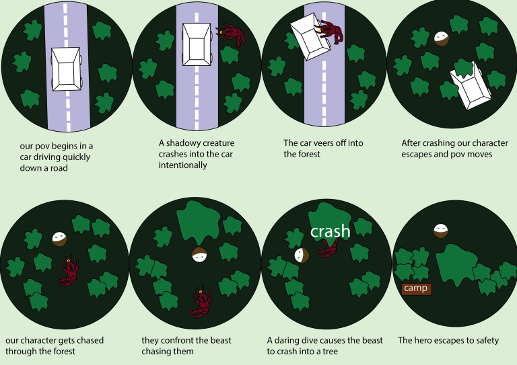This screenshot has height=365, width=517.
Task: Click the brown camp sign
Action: click(x=417, y=288)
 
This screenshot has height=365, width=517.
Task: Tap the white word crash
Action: click(x=330, y=231)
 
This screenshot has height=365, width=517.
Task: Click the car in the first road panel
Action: click(x=66, y=69)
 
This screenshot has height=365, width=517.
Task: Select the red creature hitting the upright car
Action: click(x=231, y=34)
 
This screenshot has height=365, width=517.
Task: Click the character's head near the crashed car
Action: click(x=442, y=38)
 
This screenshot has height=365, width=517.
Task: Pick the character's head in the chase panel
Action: click(x=60, y=239)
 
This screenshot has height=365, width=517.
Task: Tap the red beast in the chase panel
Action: click(x=69, y=270)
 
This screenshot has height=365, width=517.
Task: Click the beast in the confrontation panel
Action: click(x=201, y=301)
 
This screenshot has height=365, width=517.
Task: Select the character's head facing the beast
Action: click(x=199, y=255)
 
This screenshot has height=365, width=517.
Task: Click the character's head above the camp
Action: click(x=441, y=231)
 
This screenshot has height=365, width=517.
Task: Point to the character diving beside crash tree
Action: click(x=302, y=255)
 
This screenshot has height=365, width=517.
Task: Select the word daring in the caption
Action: click(x=286, y=340)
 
